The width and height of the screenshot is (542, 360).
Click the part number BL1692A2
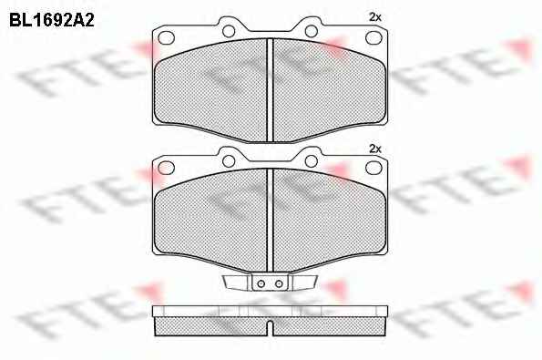click(52, 21)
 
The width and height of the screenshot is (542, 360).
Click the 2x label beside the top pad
click(375, 17)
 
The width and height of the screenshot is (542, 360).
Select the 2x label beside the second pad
click(375, 149)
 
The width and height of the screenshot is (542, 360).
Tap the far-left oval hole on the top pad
click(166, 37)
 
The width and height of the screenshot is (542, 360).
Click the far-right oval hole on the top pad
click(373, 37)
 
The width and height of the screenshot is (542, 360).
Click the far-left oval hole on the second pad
click(166, 168)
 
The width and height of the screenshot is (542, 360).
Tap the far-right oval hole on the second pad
click(373, 168)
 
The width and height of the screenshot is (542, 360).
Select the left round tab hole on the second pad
click(229, 161)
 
